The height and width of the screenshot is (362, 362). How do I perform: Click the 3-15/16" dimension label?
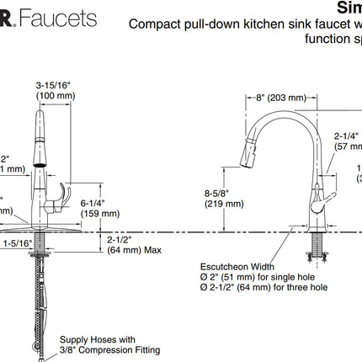point(52,85)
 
